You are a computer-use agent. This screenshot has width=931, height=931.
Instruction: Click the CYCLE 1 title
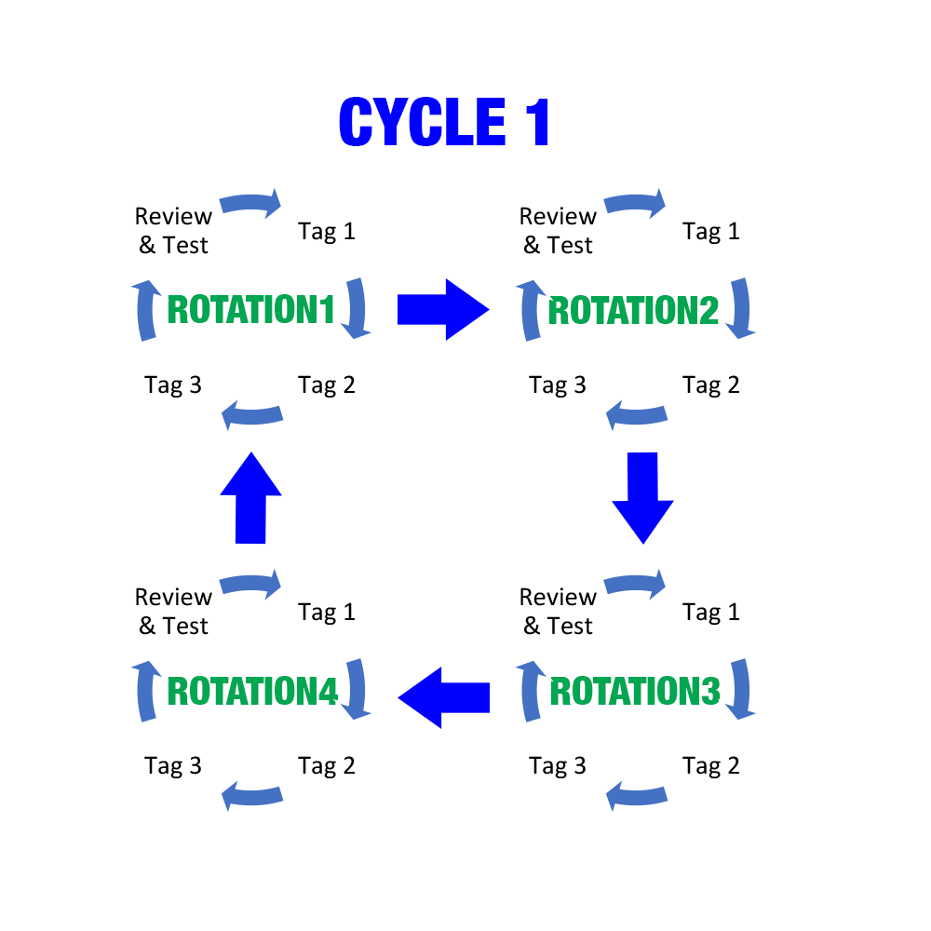445,123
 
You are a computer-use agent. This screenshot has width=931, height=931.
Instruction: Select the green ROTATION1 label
250,310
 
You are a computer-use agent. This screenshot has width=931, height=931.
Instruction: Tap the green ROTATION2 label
634,310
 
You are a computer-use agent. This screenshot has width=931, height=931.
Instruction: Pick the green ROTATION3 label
635,692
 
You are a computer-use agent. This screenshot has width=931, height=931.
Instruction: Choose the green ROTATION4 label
252,692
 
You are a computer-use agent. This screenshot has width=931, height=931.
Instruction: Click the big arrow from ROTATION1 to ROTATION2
442,309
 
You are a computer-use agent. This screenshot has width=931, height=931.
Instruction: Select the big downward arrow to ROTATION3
642,497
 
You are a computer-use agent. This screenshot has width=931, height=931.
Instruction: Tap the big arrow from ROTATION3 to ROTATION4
443,696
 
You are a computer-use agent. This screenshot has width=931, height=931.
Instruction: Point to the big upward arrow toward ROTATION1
250,497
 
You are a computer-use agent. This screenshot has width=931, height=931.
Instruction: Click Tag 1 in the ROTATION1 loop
327,231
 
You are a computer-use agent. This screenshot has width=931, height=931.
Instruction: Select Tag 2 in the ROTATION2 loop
711,385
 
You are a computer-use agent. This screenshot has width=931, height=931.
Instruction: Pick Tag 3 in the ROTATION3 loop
558,765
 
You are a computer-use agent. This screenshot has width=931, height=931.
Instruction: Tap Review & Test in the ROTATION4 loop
173,611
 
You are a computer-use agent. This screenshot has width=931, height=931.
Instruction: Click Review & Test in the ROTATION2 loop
558,230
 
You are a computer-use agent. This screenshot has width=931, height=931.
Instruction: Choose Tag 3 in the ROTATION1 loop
173,385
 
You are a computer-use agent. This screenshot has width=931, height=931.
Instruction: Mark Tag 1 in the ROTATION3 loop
711,612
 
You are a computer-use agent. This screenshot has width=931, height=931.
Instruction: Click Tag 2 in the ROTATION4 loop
327,765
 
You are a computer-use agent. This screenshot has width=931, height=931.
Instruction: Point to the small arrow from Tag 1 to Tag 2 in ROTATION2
743,307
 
